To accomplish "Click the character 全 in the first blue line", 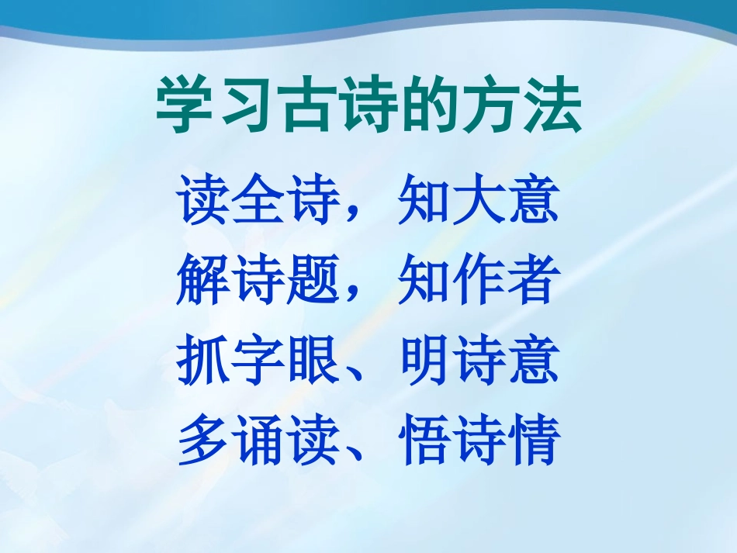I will (259, 200).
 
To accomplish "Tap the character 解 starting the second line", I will (204, 280).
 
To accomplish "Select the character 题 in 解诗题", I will (313, 280).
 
